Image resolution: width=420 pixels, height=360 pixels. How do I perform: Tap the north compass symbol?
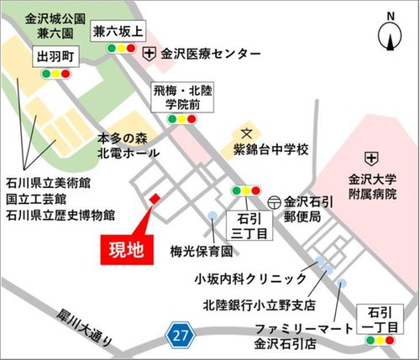pos(390,34)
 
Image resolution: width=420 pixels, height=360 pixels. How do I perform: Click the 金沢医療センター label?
pos(212,53)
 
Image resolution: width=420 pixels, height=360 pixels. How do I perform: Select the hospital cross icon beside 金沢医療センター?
pos(150,53)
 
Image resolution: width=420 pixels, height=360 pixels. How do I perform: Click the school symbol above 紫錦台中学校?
pos(247,133)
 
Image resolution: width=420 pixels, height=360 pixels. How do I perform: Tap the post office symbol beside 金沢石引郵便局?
pos(275,202)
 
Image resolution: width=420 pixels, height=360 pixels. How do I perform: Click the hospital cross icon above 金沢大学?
pos(370,157)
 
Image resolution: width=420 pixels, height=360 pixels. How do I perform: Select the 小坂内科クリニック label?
pos(249,279)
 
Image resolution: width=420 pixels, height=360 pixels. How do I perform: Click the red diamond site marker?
pos(154,198)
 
